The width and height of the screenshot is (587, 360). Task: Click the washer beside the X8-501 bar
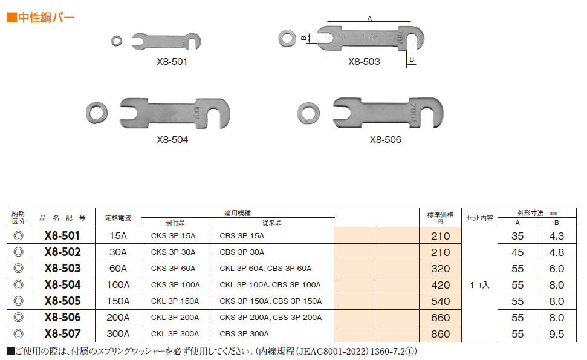point(117,41)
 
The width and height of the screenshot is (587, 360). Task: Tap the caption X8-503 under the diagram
point(364,62)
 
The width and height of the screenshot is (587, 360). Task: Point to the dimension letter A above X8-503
point(369,18)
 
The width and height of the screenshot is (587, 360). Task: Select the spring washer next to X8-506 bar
point(308,113)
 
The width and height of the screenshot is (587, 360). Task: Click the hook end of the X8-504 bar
point(219,113)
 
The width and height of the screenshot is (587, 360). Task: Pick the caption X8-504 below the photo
point(172,139)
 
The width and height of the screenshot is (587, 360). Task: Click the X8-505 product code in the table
point(62,301)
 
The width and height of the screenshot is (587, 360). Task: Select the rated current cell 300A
point(118,334)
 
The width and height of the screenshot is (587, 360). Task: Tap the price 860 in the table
point(440,334)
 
